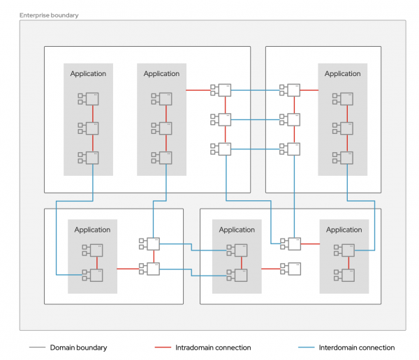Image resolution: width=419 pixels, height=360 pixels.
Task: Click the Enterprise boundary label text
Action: pyautogui.click(x=49, y=15)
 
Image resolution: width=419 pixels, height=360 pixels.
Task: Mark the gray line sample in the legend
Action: pyautogui.click(x=38, y=347)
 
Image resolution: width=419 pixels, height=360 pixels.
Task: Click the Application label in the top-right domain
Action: pyautogui.click(x=342, y=74)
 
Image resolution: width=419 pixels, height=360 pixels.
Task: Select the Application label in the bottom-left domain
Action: pyautogui.click(x=92, y=230)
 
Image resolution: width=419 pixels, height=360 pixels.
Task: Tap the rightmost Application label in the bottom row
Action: pyautogui.click(x=344, y=230)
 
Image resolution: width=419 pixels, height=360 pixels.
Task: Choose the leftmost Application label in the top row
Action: pyautogui.click(x=88, y=74)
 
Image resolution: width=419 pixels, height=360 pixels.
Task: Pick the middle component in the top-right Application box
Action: pyautogui.click(x=346, y=128)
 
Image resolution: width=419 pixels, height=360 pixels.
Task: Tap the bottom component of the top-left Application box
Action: pyautogui.click(x=91, y=158)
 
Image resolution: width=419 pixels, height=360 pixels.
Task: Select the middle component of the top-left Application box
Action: pyautogui.click(x=91, y=128)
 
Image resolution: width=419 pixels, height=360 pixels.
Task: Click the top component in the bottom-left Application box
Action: pyautogui.click(x=96, y=250)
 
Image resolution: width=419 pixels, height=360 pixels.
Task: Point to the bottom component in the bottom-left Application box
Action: pyautogui.click(x=96, y=275)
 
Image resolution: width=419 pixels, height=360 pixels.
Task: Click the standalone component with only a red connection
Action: pyautogui.click(x=293, y=269)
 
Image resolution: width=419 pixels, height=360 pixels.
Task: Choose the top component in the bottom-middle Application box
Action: pyautogui.click(x=240, y=250)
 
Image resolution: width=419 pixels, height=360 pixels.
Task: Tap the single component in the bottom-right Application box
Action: pyautogui.click(x=346, y=250)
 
